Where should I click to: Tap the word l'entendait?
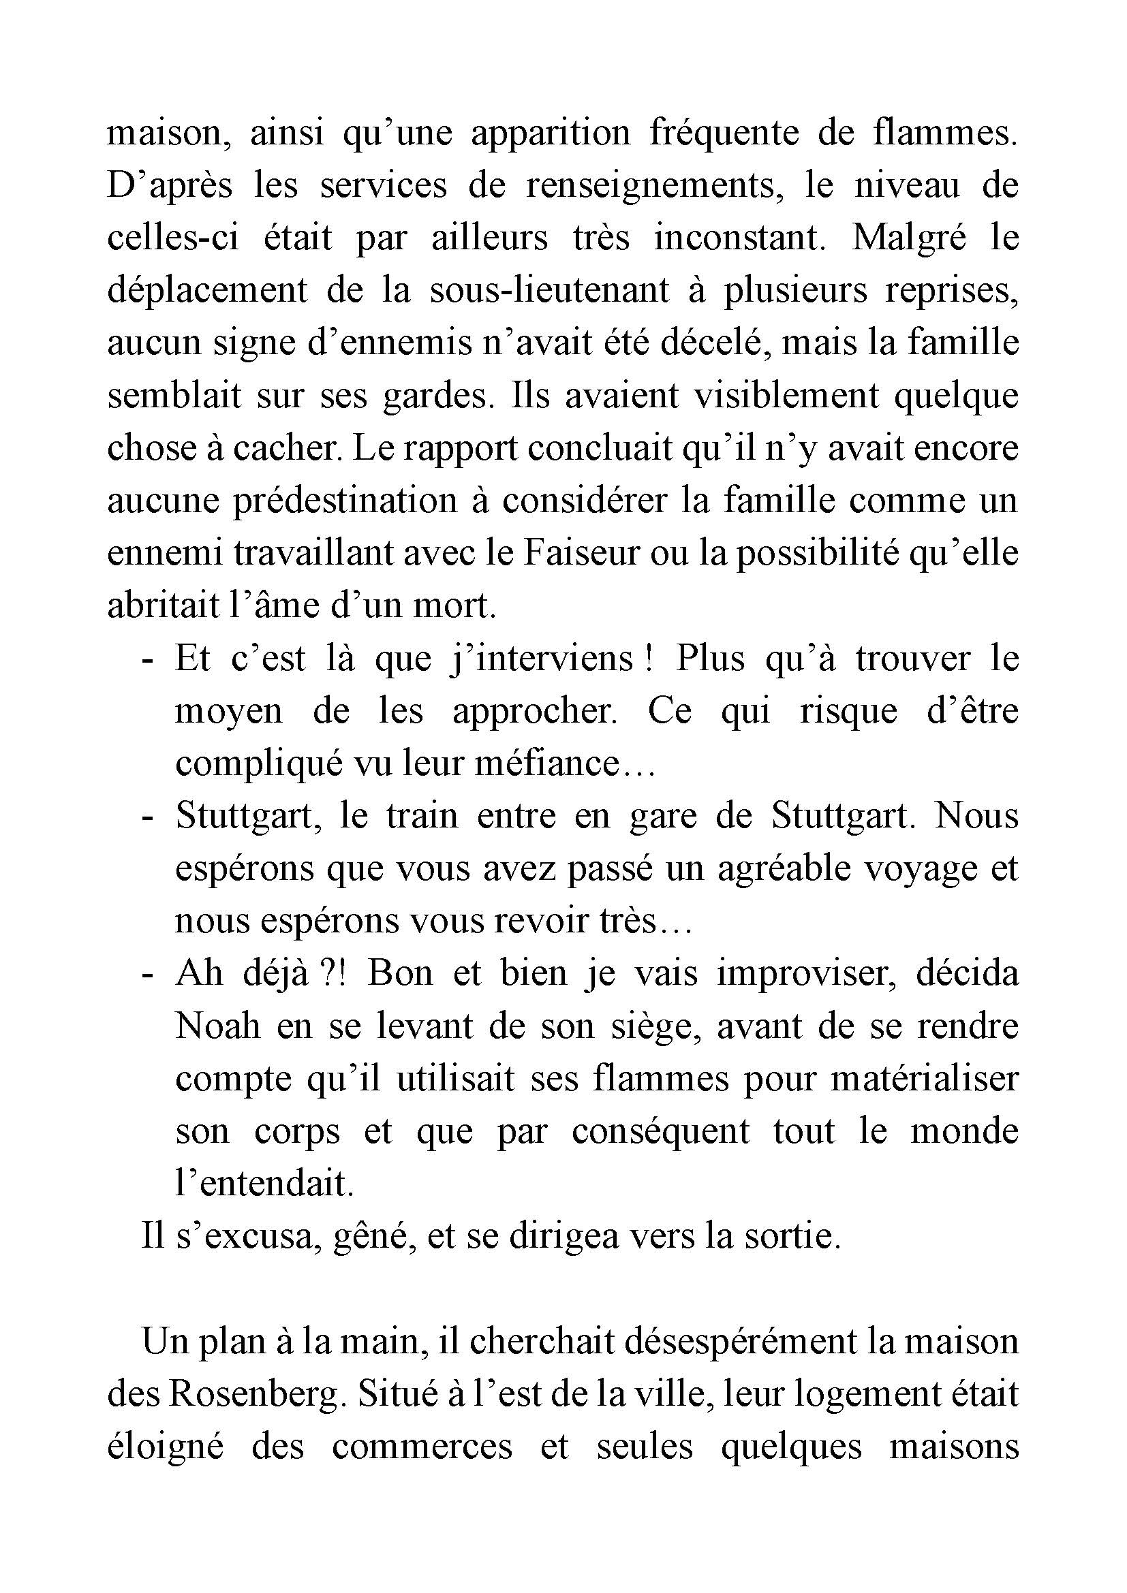tap(264, 1185)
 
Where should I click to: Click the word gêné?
tap(374, 1238)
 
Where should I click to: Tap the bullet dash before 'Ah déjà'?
tap(146, 974)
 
